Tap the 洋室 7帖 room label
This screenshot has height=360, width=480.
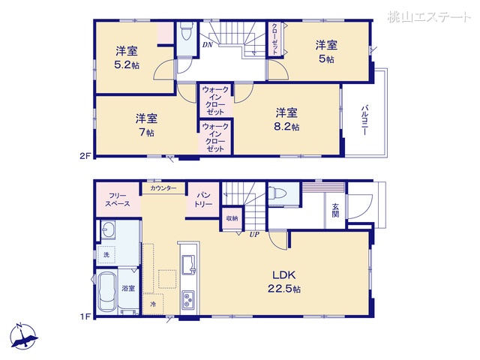pos(146,125)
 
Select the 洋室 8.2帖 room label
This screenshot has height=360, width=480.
pos(286,120)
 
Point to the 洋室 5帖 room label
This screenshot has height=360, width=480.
pos(325,51)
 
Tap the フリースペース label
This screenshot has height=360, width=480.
pos(118,199)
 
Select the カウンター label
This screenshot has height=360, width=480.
pos(163,188)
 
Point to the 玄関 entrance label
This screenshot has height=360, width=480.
pos(334,209)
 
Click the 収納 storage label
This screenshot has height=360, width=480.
pos(232,218)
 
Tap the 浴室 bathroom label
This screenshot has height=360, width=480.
pos(128,289)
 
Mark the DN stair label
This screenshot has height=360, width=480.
pos(207,45)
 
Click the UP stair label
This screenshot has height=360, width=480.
pos(254,234)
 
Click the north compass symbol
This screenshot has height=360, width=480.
pos(24,337)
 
